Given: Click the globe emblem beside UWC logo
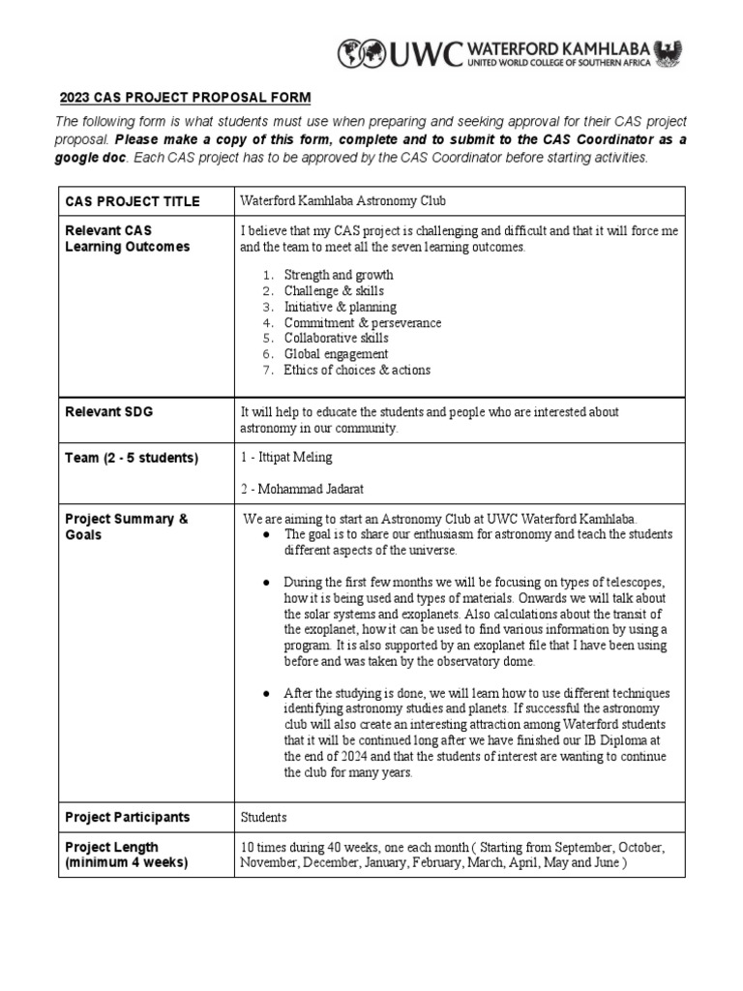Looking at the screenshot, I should tap(359, 53).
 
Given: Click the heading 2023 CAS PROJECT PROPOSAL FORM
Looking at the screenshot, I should tap(187, 98).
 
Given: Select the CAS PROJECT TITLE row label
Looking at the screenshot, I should tap(133, 201).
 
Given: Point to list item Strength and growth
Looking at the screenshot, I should tap(338, 275).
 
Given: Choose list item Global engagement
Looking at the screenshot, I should tap(336, 354).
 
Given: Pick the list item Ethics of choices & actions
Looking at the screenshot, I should tap(357, 370).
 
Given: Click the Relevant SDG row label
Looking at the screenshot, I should tap(108, 412).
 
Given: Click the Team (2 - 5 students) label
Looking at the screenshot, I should tap(131, 458).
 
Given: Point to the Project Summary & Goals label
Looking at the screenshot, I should tap(126, 526).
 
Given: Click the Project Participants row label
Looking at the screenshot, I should tap(127, 818).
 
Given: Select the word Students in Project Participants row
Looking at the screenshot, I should tap(264, 818).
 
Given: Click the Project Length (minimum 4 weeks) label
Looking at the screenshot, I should tap(126, 855).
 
